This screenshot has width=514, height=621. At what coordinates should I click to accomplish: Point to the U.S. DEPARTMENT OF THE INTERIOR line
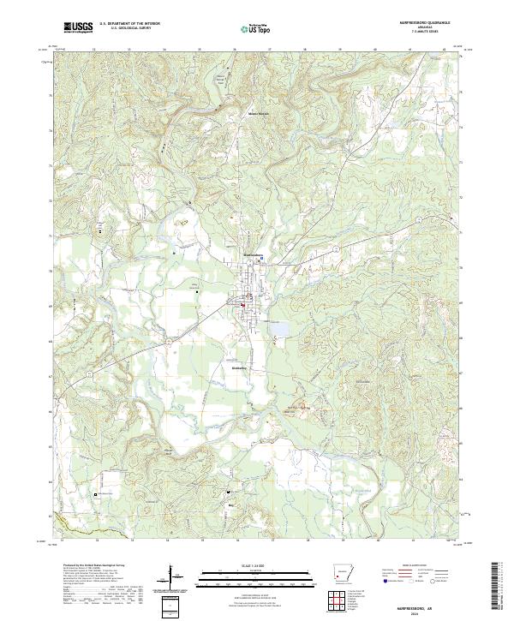pos(129,23)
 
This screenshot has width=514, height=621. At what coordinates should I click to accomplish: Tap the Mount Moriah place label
pos(258,112)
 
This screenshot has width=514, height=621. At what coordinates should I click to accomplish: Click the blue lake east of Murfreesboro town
pos(279,326)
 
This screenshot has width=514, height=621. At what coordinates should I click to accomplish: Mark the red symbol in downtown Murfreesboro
pos(242,307)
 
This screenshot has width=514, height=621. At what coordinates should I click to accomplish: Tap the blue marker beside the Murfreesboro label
pos(262,257)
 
